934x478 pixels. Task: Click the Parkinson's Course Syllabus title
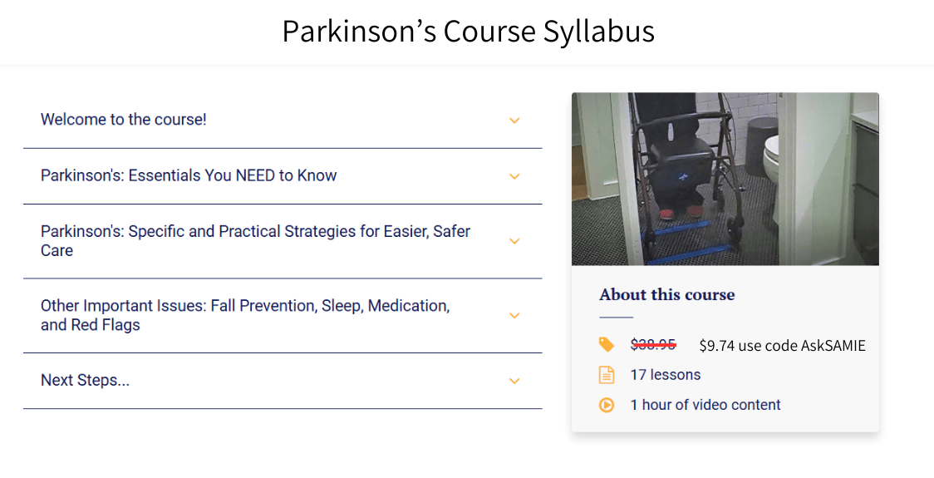pyautogui.click(x=468, y=32)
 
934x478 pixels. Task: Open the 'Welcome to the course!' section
pyautogui.click(x=124, y=120)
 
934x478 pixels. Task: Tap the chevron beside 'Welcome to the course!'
pyautogui.click(x=514, y=121)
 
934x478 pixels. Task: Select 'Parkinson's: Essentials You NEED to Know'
pyautogui.click(x=189, y=175)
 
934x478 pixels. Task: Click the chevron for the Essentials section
pyautogui.click(x=514, y=176)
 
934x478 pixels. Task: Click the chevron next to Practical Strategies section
pyautogui.click(x=514, y=241)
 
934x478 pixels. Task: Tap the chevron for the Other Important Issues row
pyautogui.click(x=514, y=316)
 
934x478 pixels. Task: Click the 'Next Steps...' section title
pyautogui.click(x=85, y=381)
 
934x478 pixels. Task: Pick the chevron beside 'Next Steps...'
pyautogui.click(x=514, y=381)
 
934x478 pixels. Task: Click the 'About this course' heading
pyautogui.click(x=667, y=295)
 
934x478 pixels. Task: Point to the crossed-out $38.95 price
pyautogui.click(x=653, y=345)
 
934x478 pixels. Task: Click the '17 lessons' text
pyautogui.click(x=665, y=375)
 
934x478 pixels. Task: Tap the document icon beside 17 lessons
pyautogui.click(x=607, y=375)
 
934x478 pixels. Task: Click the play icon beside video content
pyautogui.click(x=607, y=405)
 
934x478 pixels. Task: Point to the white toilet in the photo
pyautogui.click(x=772, y=158)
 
